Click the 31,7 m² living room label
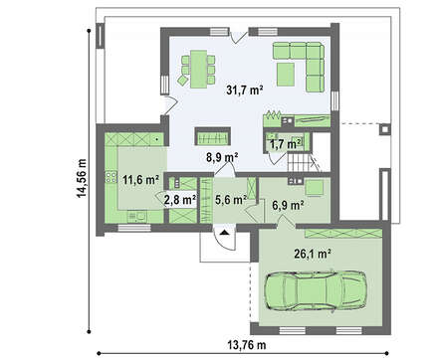click(x=245, y=90)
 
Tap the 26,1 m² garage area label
click(x=313, y=254)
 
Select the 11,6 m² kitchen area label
click(x=140, y=180)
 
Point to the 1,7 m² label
click(x=286, y=144)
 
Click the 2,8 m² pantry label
click(x=180, y=200)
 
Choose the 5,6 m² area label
click(x=231, y=200)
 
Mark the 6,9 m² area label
click(x=288, y=206)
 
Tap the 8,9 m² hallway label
click(x=222, y=157)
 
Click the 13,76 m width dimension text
click(x=247, y=345)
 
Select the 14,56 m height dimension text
click(x=82, y=178)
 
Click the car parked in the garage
click(x=316, y=291)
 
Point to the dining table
click(x=199, y=69)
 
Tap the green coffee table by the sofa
click(x=286, y=75)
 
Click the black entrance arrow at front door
click(x=225, y=233)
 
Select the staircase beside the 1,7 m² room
click(x=301, y=161)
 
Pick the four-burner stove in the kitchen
click(x=110, y=177)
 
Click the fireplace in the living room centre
click(x=212, y=136)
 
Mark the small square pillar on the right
click(x=385, y=129)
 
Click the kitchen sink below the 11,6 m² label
click(x=137, y=217)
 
